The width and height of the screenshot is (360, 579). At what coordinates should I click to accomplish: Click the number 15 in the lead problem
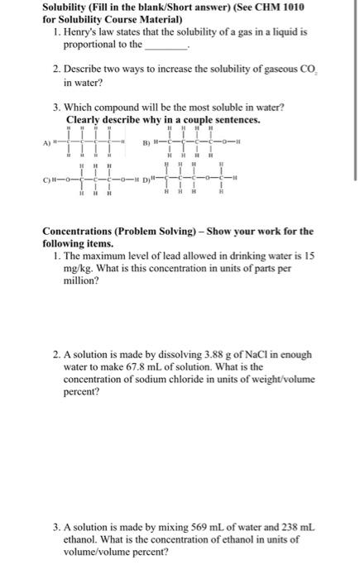click(308, 257)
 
